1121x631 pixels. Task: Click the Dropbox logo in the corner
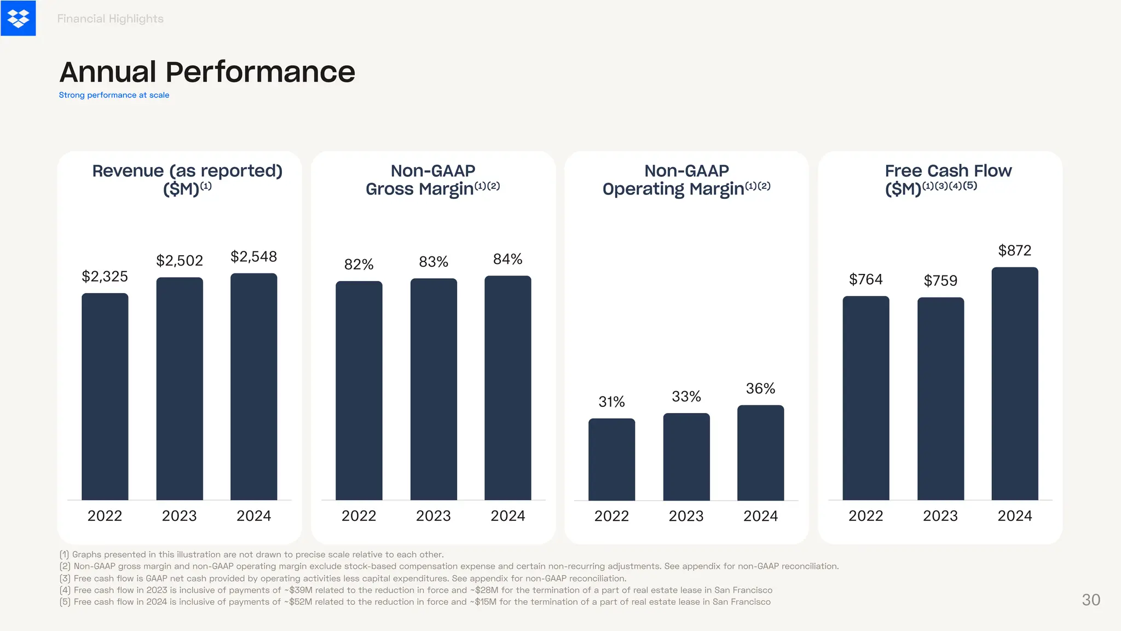18,18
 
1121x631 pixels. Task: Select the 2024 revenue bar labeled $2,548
253,386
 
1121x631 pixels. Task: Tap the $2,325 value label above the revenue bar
105,276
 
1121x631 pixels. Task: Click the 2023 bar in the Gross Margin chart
434,389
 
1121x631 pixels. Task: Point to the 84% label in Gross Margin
507,259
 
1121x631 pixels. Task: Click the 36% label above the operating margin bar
760,389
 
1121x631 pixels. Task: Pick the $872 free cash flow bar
1014,383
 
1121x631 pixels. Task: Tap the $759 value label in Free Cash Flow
940,281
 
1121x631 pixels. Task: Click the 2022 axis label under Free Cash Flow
865,516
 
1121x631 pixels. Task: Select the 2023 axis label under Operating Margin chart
686,516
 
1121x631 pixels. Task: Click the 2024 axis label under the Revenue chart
253,516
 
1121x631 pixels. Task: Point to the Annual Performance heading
207,72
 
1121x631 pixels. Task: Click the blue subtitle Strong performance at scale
114,95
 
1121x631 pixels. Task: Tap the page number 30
1090,600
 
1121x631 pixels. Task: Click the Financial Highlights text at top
110,19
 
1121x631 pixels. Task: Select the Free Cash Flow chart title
948,171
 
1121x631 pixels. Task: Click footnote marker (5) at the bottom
65,602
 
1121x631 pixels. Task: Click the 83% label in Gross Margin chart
434,262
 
